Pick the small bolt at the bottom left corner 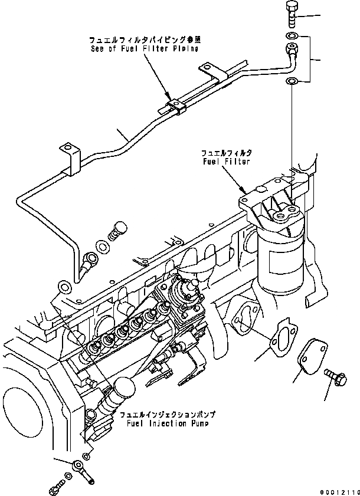pyautogui.click(x=55, y=488)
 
